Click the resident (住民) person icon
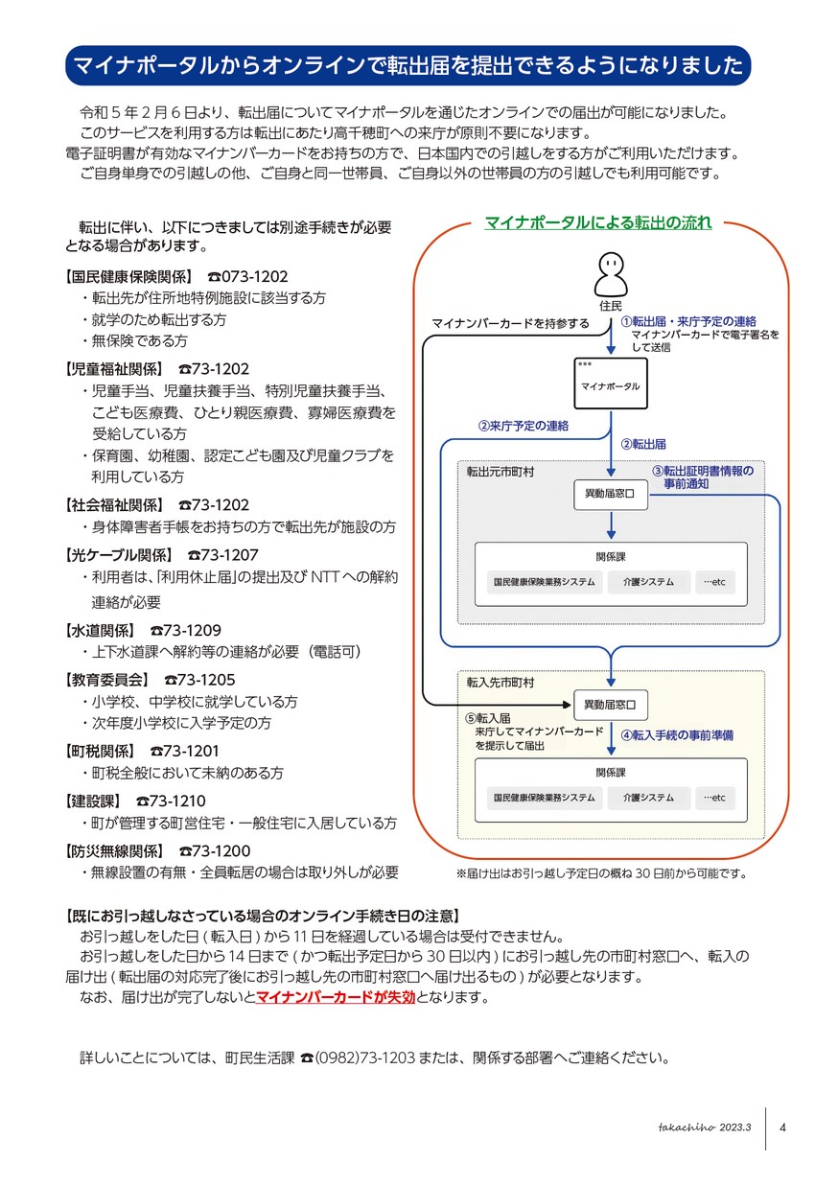click(x=611, y=273)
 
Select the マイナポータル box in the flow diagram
click(x=611, y=383)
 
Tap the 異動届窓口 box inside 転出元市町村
click(x=611, y=494)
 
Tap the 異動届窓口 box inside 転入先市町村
click(x=611, y=705)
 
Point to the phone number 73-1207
click(x=222, y=555)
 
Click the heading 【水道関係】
click(x=100, y=631)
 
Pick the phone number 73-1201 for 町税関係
click(x=184, y=751)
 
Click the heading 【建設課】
click(x=93, y=801)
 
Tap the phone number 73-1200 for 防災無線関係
click(x=215, y=850)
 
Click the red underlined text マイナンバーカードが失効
click(x=336, y=997)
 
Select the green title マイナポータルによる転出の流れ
click(x=597, y=222)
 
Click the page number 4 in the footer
click(x=782, y=1127)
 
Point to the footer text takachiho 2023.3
click(x=704, y=1127)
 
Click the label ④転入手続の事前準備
click(x=677, y=735)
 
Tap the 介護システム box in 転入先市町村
click(x=648, y=798)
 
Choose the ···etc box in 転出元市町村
click(x=714, y=582)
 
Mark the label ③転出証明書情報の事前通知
click(x=703, y=477)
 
